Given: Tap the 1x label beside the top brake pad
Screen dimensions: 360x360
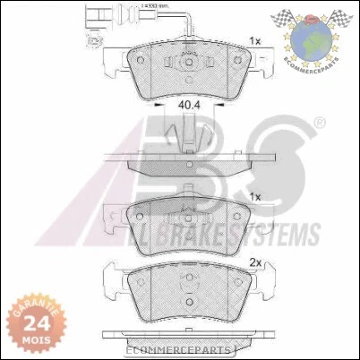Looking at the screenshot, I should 255,41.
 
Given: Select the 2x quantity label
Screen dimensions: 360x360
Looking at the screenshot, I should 254,263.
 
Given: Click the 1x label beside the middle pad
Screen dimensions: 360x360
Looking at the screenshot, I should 255,197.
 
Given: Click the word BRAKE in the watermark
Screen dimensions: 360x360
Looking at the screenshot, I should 199,235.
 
